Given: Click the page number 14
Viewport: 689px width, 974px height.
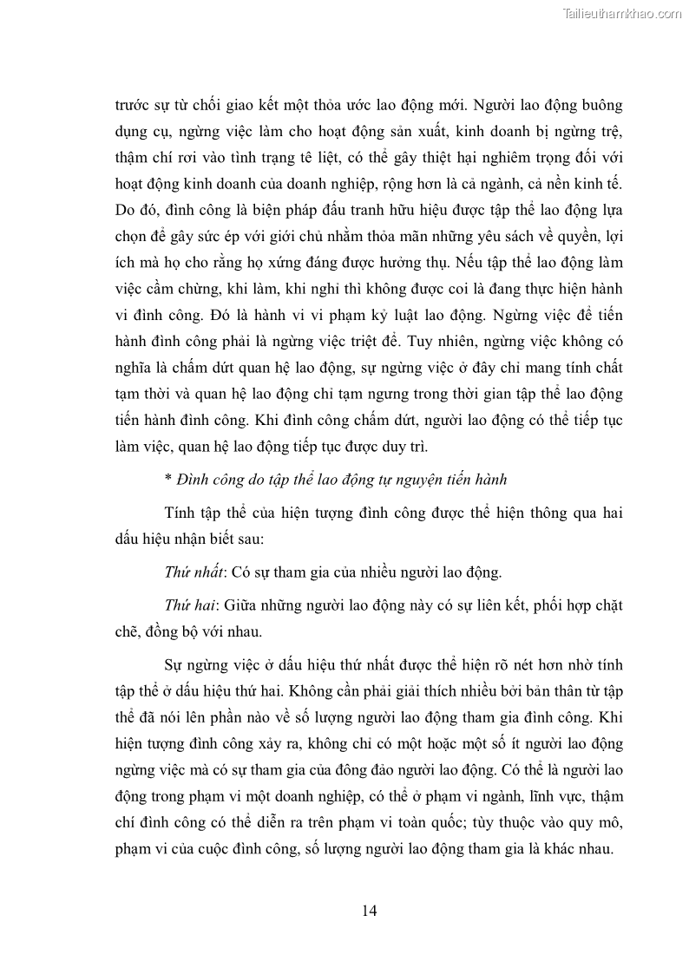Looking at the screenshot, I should tap(368, 910).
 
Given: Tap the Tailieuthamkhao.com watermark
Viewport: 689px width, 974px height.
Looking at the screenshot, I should tap(622, 13).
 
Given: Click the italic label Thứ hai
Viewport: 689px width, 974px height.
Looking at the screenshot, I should tap(185, 606).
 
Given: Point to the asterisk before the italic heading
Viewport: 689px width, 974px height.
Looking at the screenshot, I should tap(167, 479).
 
